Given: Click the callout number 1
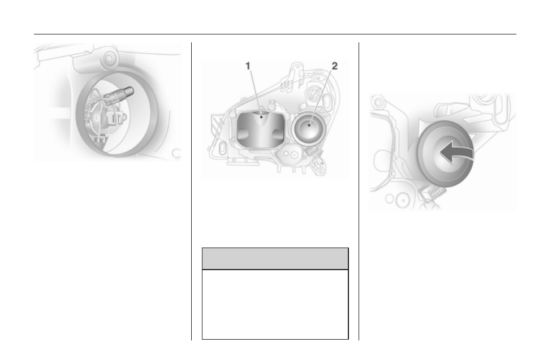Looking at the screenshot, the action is click(x=248, y=66).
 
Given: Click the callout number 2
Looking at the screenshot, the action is click(x=334, y=66).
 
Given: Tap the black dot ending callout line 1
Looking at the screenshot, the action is click(x=261, y=117).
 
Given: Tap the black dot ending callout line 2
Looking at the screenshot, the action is click(x=309, y=125).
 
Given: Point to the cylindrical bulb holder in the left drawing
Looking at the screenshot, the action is click(x=120, y=94).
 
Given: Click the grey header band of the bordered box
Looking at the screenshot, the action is click(x=275, y=259).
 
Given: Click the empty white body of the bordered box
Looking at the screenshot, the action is click(x=275, y=305).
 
